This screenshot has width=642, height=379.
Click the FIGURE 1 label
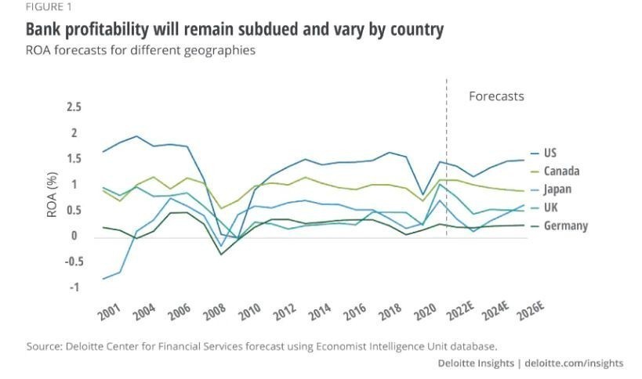point(29,7)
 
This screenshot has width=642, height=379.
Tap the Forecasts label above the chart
point(496,96)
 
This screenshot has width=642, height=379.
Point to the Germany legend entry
point(565,226)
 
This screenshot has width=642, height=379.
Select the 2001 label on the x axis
point(110,312)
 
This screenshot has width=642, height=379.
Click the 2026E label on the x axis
point(531,312)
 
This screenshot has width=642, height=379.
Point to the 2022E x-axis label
point(459,312)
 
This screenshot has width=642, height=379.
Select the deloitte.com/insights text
point(575,363)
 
